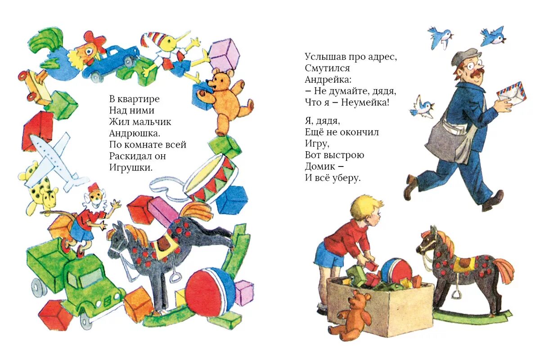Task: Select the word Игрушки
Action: coord(131,167)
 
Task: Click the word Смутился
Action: coord(327,68)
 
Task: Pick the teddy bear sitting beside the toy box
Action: coord(351,315)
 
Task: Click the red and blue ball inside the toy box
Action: coord(396,270)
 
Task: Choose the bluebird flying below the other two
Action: coord(422,107)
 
